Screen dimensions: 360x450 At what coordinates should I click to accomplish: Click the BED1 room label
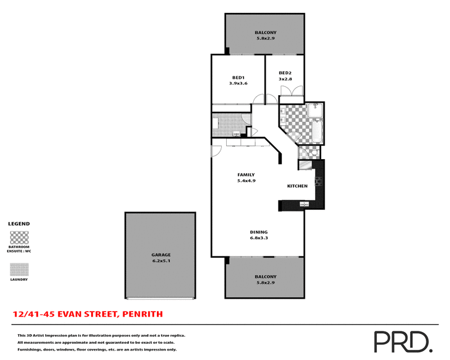(238, 78)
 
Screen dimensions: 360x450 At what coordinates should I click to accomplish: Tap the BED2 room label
(285, 73)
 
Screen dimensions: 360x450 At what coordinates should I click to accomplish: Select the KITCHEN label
(297, 186)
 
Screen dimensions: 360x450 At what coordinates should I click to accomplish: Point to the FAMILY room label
(246, 175)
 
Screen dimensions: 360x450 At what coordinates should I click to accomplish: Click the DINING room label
(259, 232)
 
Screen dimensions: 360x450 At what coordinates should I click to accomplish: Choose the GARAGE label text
(160, 255)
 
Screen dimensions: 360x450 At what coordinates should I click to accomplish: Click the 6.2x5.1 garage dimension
(160, 261)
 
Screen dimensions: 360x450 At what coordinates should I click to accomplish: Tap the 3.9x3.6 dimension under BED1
(238, 83)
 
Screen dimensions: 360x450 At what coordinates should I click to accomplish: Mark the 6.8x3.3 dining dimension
(259, 238)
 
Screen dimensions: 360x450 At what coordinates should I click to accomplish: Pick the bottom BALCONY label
(265, 277)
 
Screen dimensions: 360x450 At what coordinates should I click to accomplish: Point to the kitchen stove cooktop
(318, 181)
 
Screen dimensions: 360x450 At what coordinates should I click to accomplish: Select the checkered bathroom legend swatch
(19, 237)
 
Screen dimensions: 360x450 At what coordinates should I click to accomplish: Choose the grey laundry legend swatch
(19, 269)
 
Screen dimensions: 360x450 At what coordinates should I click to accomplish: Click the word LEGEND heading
(19, 223)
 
